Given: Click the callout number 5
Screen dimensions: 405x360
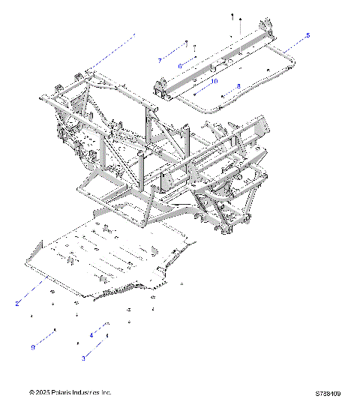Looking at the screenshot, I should click(307, 35).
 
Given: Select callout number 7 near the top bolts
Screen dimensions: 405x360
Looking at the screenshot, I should click(160, 59).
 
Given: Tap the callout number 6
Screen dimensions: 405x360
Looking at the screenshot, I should click(179, 66).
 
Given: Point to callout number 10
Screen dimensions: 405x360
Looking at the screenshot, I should click(214, 80).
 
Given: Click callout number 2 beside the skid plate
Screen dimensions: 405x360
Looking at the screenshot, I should click(17, 304).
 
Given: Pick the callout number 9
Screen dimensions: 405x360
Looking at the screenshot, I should click(33, 346).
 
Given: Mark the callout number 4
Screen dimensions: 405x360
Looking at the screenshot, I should click(91, 334).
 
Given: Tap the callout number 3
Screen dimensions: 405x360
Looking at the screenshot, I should click(83, 359).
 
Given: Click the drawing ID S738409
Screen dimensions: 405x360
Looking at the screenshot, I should click(328, 392).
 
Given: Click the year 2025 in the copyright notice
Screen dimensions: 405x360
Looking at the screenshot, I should click(44, 392).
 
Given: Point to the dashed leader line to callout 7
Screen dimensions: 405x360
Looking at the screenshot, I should click(172, 51).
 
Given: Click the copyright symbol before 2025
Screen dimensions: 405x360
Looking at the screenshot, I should click(31, 392).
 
